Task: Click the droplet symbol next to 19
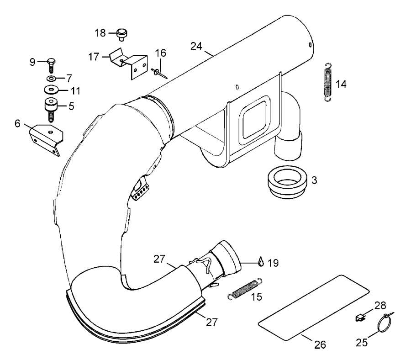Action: point(261,262)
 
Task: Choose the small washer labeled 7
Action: point(52,78)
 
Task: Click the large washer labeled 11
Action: point(52,89)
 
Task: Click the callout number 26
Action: point(321,344)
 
